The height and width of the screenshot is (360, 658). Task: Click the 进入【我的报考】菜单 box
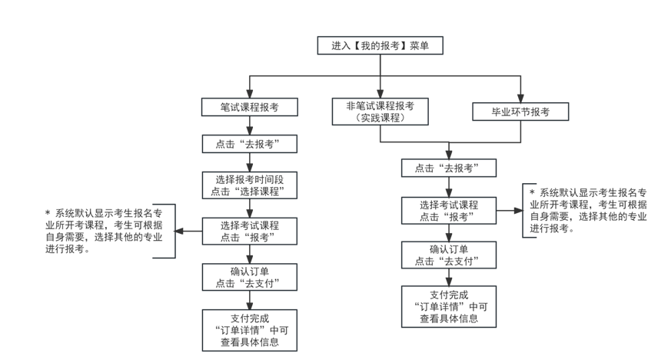(x=380, y=45)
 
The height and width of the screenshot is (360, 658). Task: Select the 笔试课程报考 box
(x=249, y=108)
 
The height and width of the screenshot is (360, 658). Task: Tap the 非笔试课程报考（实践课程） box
(x=380, y=112)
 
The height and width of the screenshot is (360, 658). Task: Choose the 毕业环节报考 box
(x=520, y=112)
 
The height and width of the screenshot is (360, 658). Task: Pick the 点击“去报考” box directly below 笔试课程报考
(x=249, y=144)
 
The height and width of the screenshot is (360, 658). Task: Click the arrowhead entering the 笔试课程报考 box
(x=249, y=94)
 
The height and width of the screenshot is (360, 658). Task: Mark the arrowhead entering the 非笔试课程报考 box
(x=380, y=93)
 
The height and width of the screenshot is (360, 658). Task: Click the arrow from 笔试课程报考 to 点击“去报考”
(x=249, y=126)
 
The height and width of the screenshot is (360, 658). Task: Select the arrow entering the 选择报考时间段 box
(x=249, y=163)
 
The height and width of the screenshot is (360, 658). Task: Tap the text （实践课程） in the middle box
(x=380, y=118)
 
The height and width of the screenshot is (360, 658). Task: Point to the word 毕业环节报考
(x=520, y=112)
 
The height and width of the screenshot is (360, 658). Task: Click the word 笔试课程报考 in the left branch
(x=249, y=108)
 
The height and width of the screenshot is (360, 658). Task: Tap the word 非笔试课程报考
(x=380, y=105)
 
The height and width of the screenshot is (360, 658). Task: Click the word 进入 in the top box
(x=341, y=45)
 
